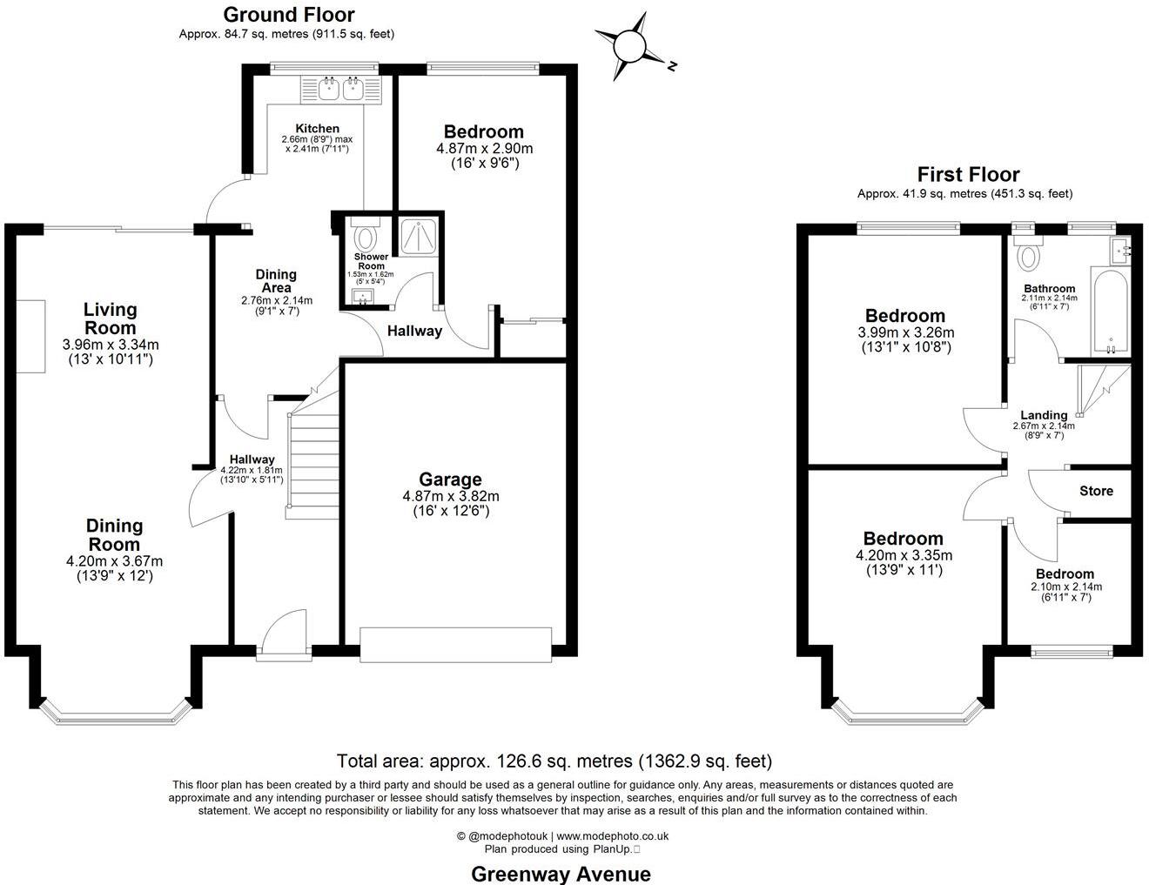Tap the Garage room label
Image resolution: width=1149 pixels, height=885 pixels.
(x=450, y=479)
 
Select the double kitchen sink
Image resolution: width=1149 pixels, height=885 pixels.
(x=341, y=88)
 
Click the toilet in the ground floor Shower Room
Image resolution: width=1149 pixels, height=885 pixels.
(x=365, y=236)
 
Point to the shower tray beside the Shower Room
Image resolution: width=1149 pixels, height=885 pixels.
(x=420, y=236)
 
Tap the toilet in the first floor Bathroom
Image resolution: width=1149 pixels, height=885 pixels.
(x=1030, y=255)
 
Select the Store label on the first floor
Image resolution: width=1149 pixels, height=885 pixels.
(x=1096, y=491)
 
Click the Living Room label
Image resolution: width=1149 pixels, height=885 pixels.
(x=111, y=318)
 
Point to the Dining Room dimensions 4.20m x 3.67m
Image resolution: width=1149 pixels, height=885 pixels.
(x=114, y=561)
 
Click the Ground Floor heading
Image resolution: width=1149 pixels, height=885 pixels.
(x=289, y=15)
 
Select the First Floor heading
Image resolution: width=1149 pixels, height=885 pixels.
(x=968, y=175)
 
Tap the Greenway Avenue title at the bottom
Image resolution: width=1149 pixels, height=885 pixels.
(x=561, y=874)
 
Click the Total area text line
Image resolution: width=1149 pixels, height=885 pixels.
(x=554, y=761)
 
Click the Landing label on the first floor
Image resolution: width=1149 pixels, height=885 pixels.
(x=1044, y=415)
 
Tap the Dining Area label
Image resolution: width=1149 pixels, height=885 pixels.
(x=276, y=281)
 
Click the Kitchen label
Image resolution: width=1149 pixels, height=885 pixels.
(x=317, y=128)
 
